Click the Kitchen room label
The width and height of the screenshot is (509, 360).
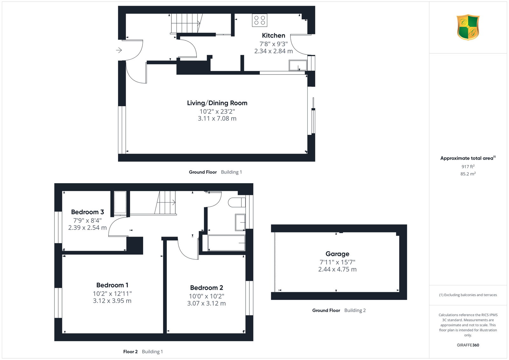pyautogui.click(x=273, y=35)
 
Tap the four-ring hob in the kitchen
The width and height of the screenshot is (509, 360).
pyautogui.click(x=260, y=20)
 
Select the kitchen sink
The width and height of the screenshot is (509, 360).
pyautogui.click(x=298, y=66)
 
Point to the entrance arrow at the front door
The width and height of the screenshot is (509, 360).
pyautogui.click(x=119, y=50)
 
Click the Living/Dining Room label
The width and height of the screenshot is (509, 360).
pyautogui.click(x=217, y=103)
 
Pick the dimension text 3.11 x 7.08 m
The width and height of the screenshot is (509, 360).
pyautogui.click(x=217, y=119)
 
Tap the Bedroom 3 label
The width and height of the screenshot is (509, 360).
pyautogui.click(x=87, y=212)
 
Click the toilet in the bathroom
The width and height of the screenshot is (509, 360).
pyautogui.click(x=237, y=202)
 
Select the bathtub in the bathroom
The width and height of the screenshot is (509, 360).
pyautogui.click(x=226, y=243)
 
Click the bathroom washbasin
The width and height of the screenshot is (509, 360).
pyautogui.click(x=240, y=222)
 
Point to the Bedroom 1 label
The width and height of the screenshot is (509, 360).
pyautogui.click(x=112, y=285)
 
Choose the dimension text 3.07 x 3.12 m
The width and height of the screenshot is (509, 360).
pyautogui.click(x=206, y=303)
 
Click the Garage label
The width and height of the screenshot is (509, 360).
pyautogui.click(x=337, y=254)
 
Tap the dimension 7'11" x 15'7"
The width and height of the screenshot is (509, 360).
pyautogui.click(x=337, y=262)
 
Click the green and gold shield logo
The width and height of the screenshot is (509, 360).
pyautogui.click(x=468, y=27)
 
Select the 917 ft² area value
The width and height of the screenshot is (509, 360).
pyautogui.click(x=468, y=167)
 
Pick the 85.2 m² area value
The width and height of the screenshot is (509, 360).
pyautogui.click(x=468, y=174)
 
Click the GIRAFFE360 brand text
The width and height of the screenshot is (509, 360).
pyautogui.click(x=468, y=345)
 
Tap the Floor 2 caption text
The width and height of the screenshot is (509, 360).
pyautogui.click(x=130, y=352)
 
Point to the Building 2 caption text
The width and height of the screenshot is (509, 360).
pyautogui.click(x=355, y=310)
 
